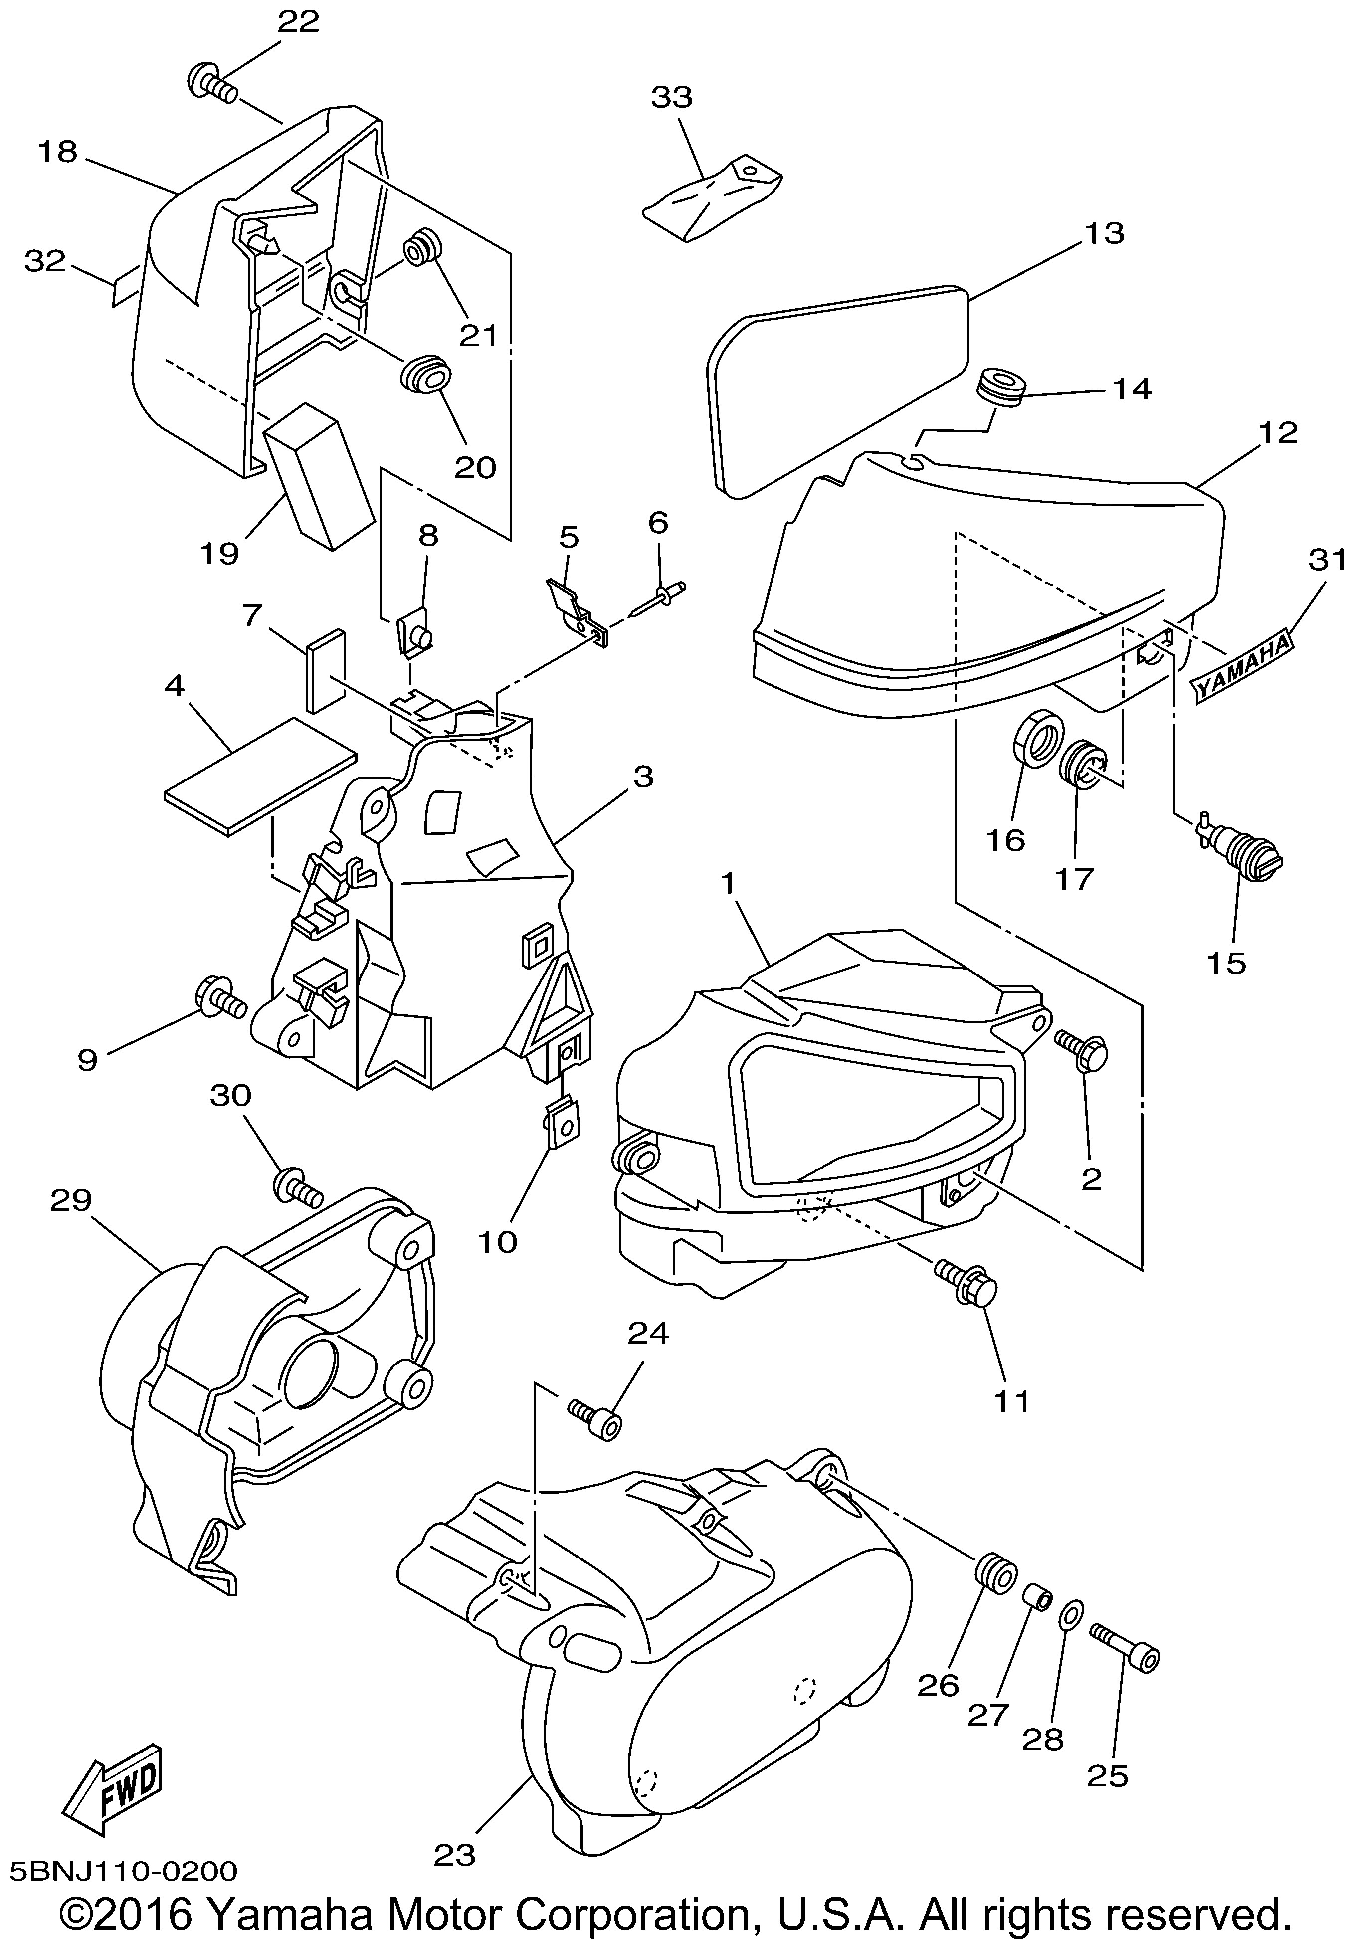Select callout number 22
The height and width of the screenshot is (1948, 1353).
coord(298,22)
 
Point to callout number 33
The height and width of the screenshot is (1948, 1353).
coord(671,97)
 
